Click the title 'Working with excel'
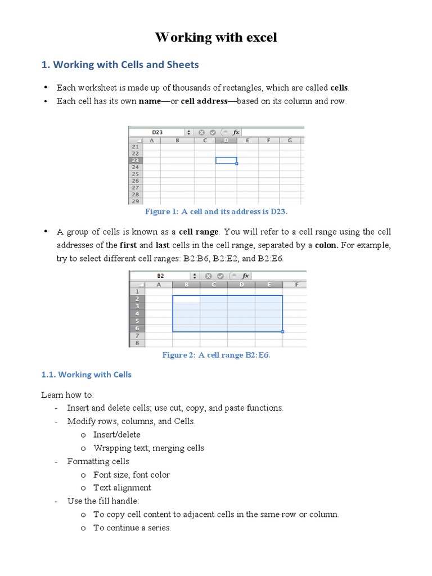(216, 38)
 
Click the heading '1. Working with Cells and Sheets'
(120, 65)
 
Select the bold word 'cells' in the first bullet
(339, 88)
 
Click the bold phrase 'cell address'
(204, 101)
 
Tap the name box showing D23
(157, 132)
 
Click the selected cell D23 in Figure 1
(226, 160)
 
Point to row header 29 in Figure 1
(136, 201)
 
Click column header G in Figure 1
(290, 141)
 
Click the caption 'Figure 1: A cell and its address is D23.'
(216, 211)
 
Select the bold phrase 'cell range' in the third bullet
(199, 232)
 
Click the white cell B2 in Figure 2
(186, 299)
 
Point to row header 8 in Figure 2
(137, 343)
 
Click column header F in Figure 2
(296, 285)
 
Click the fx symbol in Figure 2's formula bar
(245, 276)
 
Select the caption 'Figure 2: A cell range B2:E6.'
(216, 355)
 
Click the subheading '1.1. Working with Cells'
(87, 375)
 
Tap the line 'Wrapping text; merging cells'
(148, 448)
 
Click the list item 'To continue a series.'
(132, 528)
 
